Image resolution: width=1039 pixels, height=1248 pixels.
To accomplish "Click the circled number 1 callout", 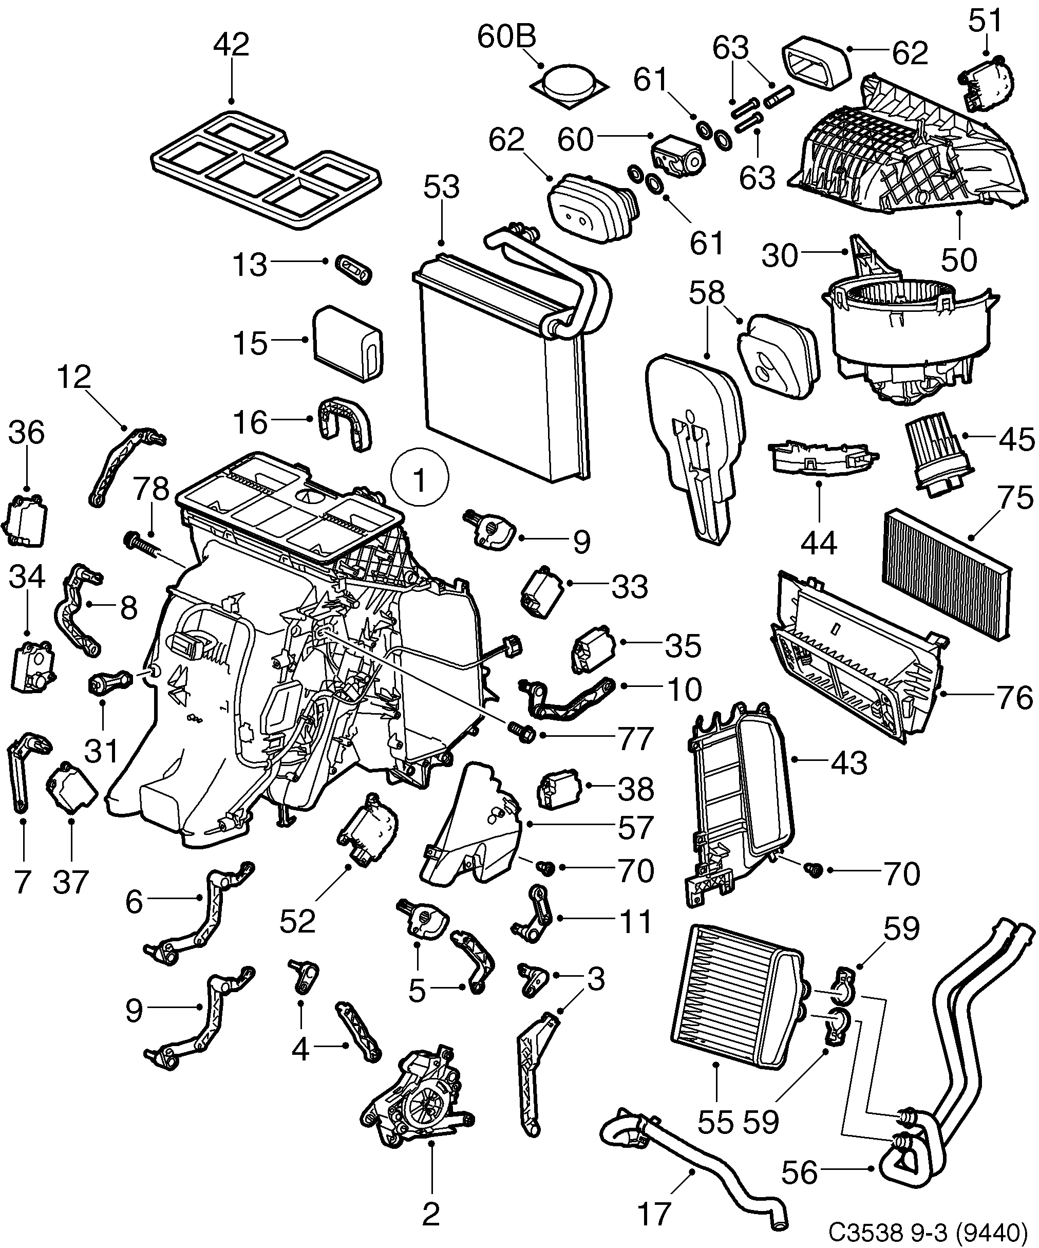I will [x=420, y=477].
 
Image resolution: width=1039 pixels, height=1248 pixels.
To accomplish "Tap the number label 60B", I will [x=506, y=37].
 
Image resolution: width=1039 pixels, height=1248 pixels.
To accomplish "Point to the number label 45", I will [x=1016, y=439].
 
